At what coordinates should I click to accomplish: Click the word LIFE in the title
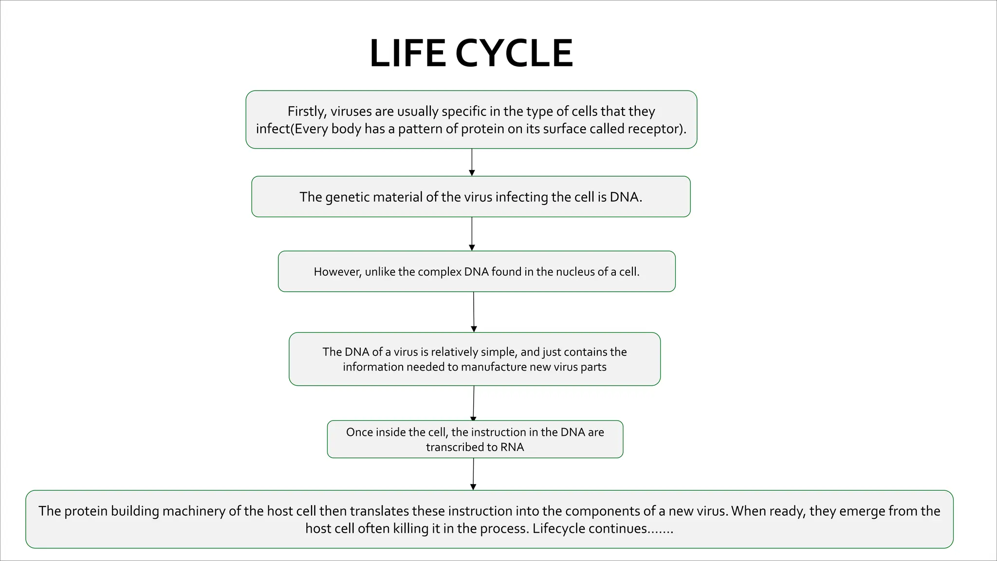click(407, 53)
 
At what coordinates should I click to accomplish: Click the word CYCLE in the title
click(515, 53)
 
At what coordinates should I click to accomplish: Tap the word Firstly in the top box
click(307, 112)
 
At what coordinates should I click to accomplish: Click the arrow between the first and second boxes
click(472, 162)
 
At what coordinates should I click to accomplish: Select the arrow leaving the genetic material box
click(472, 234)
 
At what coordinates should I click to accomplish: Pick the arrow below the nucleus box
click(474, 312)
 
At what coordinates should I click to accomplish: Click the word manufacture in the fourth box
click(494, 367)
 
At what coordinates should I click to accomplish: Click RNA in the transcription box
click(512, 447)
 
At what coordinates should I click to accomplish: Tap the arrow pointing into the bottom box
click(473, 474)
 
